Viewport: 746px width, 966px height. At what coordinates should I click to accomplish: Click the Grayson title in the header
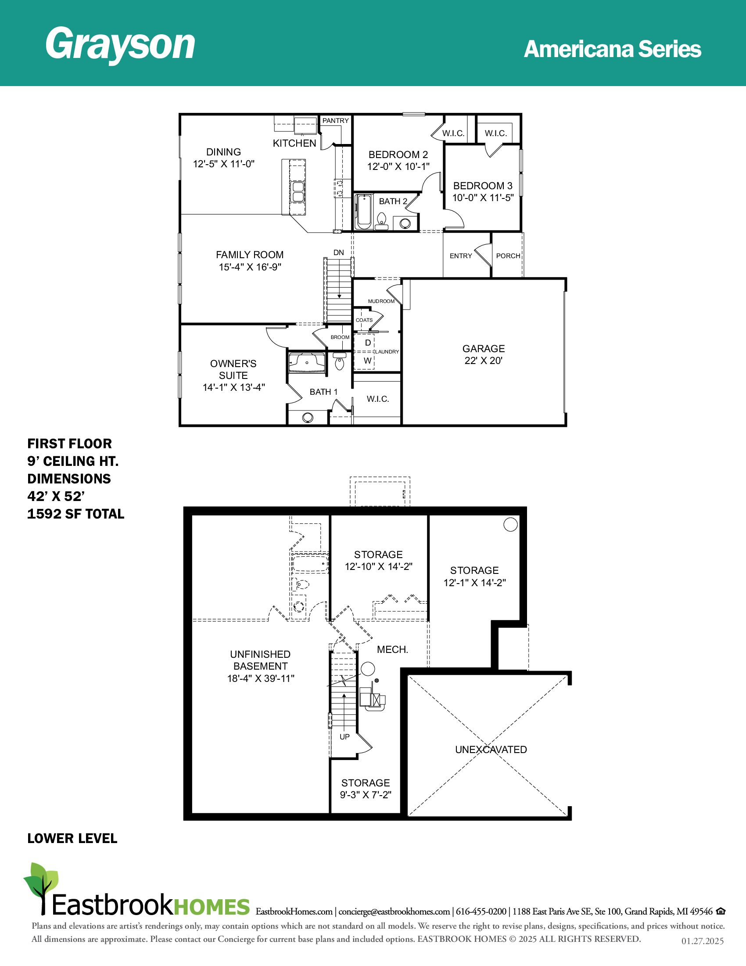tap(120, 44)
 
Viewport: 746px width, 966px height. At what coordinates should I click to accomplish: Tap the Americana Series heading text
tap(612, 49)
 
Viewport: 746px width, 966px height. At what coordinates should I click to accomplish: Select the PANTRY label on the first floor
tap(335, 121)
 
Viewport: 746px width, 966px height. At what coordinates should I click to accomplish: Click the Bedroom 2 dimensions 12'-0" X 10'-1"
tap(398, 167)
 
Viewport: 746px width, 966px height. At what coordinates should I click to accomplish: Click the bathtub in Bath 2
tap(364, 212)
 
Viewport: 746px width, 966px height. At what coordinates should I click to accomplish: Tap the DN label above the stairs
tap(338, 253)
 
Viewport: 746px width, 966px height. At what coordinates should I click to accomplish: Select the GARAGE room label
tap(484, 349)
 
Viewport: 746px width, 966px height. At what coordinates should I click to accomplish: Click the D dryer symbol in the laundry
tap(368, 343)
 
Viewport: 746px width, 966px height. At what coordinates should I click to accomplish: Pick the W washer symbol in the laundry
tap(368, 361)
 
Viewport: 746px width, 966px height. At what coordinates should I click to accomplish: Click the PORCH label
tap(508, 256)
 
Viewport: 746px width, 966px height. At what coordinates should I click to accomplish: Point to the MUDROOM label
tap(381, 301)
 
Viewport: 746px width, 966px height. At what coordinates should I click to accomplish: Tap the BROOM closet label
tap(340, 338)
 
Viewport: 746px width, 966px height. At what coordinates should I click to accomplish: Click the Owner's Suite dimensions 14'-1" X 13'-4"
tap(234, 387)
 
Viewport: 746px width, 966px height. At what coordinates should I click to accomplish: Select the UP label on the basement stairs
tap(345, 737)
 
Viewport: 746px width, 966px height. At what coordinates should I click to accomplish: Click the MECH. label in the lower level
tap(392, 650)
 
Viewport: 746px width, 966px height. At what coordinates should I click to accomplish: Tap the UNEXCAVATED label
tap(491, 750)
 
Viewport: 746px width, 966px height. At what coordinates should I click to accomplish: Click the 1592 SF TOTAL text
tap(76, 514)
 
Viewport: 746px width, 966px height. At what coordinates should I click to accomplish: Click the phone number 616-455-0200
tap(481, 912)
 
